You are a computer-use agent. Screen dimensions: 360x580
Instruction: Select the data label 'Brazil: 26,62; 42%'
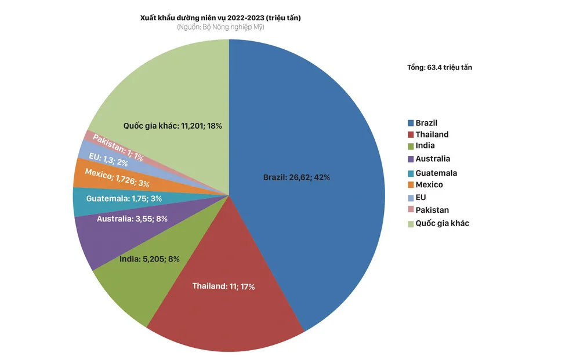296,177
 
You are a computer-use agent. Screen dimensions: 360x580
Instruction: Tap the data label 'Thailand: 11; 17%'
223,286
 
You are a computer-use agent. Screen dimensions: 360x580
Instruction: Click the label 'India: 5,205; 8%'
149,259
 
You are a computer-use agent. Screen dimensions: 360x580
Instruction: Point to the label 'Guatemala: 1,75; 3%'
124,199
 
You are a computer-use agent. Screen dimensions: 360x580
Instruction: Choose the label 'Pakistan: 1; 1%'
118,147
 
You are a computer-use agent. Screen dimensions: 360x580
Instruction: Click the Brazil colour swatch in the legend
411,123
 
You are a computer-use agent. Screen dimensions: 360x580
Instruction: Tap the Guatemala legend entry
436,173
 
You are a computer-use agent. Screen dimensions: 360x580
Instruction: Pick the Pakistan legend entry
432,210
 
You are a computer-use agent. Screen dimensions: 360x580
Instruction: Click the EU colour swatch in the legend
411,198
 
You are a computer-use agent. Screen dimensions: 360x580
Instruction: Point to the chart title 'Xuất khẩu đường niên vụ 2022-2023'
220,18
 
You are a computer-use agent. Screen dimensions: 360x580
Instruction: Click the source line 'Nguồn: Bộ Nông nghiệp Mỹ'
220,27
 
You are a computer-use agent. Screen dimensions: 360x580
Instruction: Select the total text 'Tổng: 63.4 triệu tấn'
440,68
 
